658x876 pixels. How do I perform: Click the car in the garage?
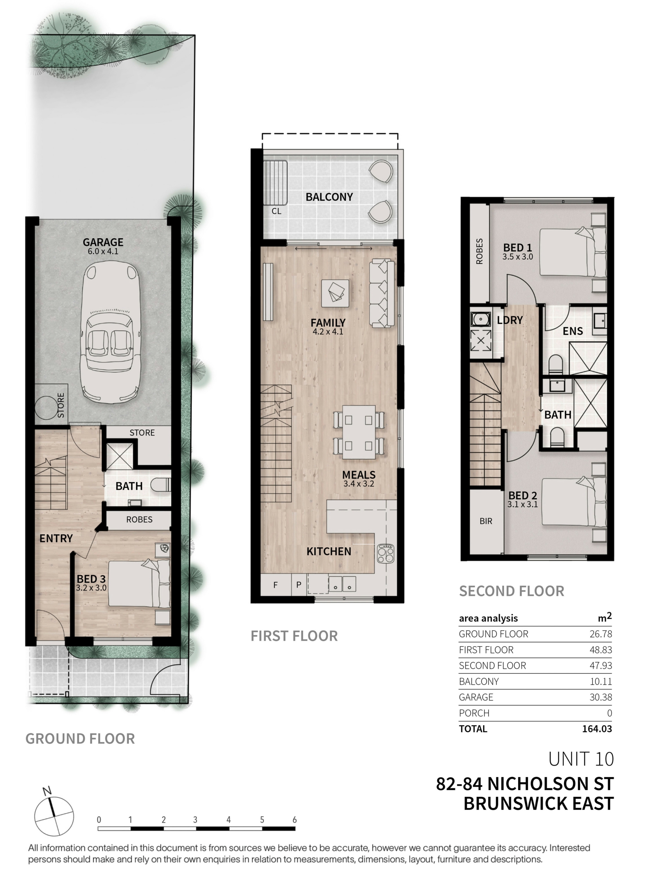coord(110,333)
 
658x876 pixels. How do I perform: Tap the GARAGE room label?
coord(103,242)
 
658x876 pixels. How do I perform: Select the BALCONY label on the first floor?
coord(329,197)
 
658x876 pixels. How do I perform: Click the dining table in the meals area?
coord(359,432)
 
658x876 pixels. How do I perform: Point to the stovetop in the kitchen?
coord(385,553)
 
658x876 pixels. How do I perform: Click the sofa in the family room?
coord(382,293)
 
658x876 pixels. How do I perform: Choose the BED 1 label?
coord(517,248)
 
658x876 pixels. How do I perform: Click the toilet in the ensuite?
coord(556,364)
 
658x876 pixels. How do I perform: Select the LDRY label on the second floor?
coord(510,320)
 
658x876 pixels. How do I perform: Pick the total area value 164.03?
coord(597,729)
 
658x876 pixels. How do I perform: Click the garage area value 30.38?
coord(600,697)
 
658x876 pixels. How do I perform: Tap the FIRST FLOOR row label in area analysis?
coord(486,650)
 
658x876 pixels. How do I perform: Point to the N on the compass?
coord(47,791)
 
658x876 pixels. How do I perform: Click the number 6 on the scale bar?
coord(294,820)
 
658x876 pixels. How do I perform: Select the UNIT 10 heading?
coord(581,759)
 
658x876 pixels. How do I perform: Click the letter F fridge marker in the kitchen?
coord(276,585)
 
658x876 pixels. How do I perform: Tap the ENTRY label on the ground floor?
coord(56,538)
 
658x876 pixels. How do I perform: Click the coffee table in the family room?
coord(336,293)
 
